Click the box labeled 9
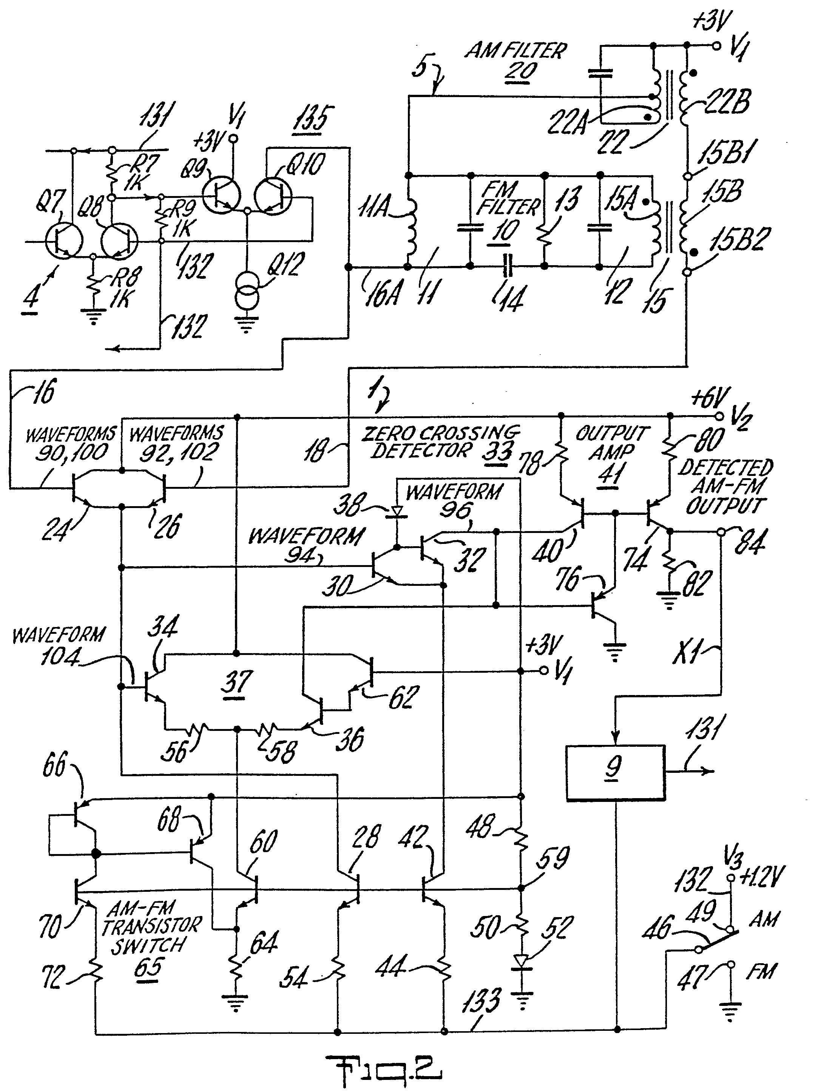[616, 773]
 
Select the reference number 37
[237, 681]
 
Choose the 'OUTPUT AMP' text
[612, 443]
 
